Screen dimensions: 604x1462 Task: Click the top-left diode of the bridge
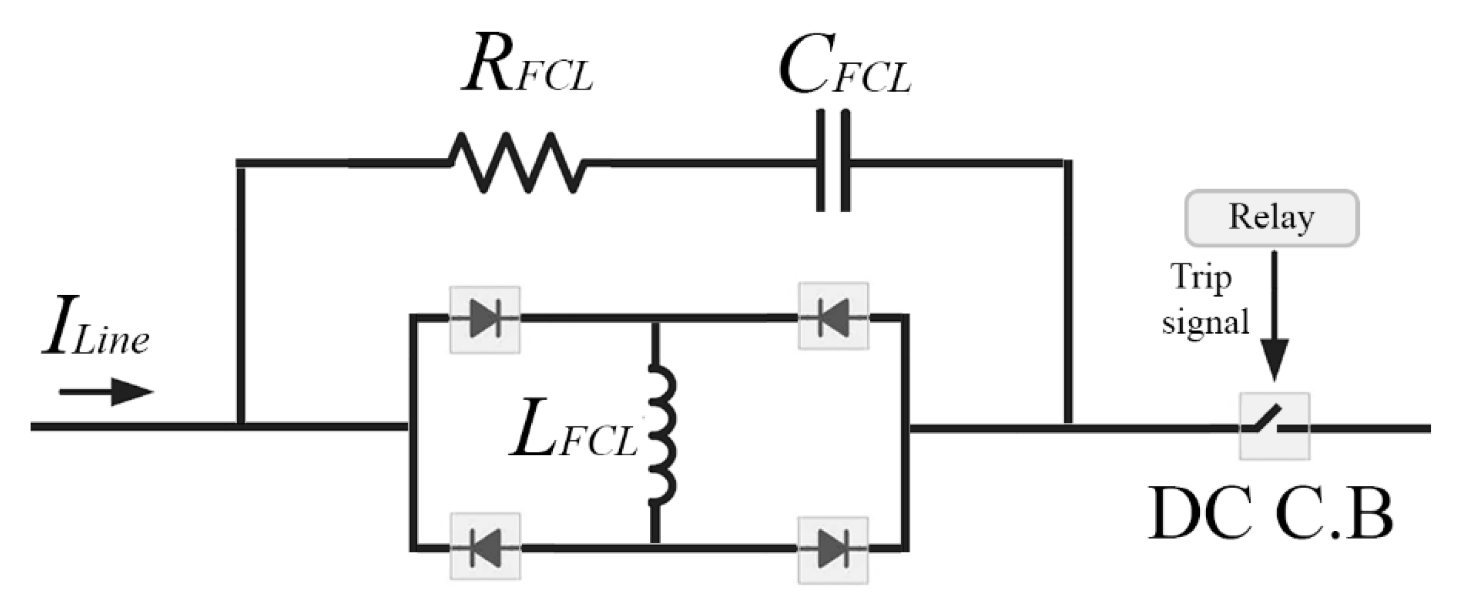tap(485, 320)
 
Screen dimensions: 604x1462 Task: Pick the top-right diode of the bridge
tap(833, 316)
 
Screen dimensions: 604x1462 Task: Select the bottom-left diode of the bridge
tap(485, 547)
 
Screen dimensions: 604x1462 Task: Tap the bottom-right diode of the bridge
tap(833, 550)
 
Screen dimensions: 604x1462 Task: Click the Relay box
tap(1271, 218)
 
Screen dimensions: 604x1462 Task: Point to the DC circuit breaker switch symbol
tap(1275, 426)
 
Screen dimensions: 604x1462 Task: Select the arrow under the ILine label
tap(107, 392)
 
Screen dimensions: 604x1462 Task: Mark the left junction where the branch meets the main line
tap(241, 426)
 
